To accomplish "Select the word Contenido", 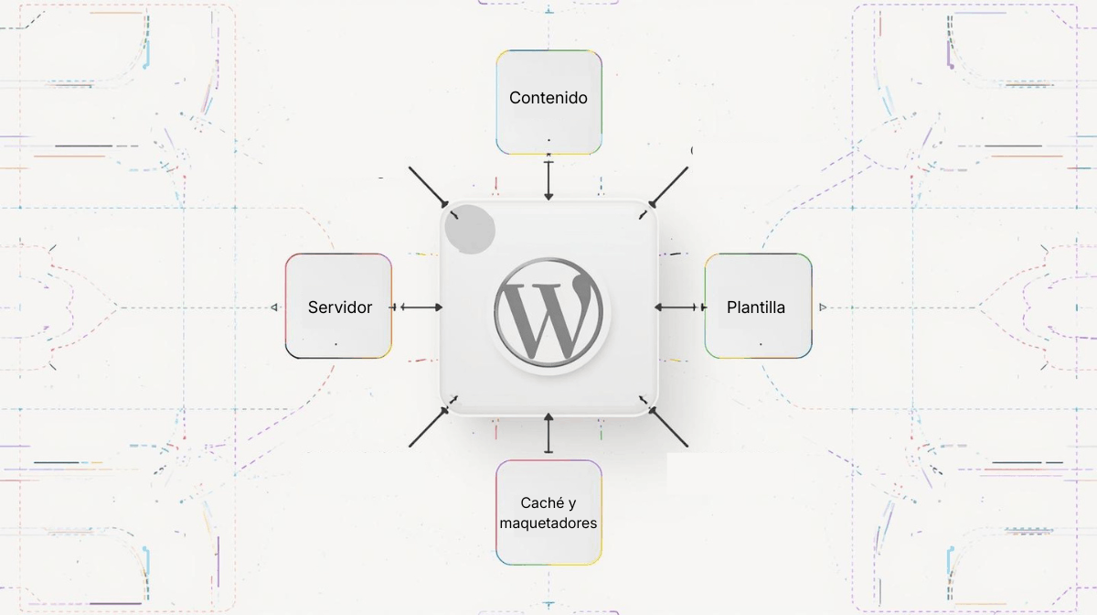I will (x=548, y=98).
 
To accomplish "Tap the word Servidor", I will (x=340, y=307).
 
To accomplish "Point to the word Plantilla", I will (x=756, y=307).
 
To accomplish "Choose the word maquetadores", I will (x=548, y=523).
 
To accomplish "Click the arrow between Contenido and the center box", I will (x=548, y=180).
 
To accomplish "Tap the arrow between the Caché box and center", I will (x=548, y=433).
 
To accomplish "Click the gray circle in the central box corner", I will (x=470, y=230).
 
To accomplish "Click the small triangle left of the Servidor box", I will (x=274, y=307).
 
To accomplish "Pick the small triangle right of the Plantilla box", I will (x=823, y=307).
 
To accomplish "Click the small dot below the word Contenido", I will (x=548, y=140).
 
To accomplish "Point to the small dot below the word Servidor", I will (x=335, y=344).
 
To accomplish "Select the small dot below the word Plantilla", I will (x=761, y=344).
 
